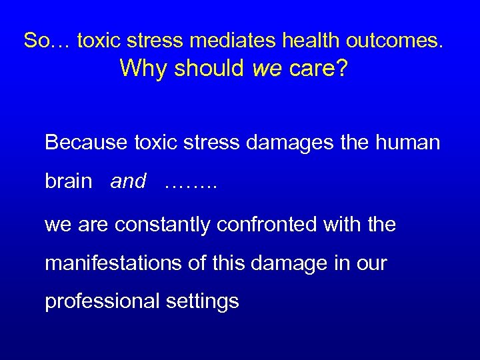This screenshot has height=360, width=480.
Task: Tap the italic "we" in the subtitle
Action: click(x=268, y=69)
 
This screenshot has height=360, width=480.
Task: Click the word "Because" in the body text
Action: click(x=86, y=142)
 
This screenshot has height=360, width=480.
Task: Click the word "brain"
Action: click(x=69, y=181)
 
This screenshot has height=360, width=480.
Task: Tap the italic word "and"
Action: click(x=128, y=181)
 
